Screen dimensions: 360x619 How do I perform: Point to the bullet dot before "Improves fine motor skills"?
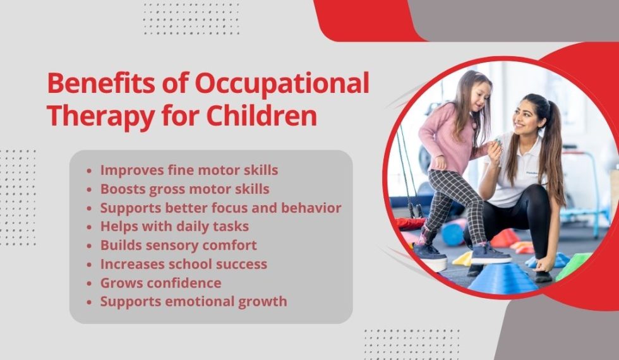(91, 171)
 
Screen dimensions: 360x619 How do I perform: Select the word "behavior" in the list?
(312, 208)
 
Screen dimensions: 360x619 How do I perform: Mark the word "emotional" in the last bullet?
(197, 301)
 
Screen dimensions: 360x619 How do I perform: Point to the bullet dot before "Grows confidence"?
(91, 283)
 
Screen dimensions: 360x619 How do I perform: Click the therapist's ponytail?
(556, 158)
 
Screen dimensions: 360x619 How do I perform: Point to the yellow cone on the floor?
(464, 259)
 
